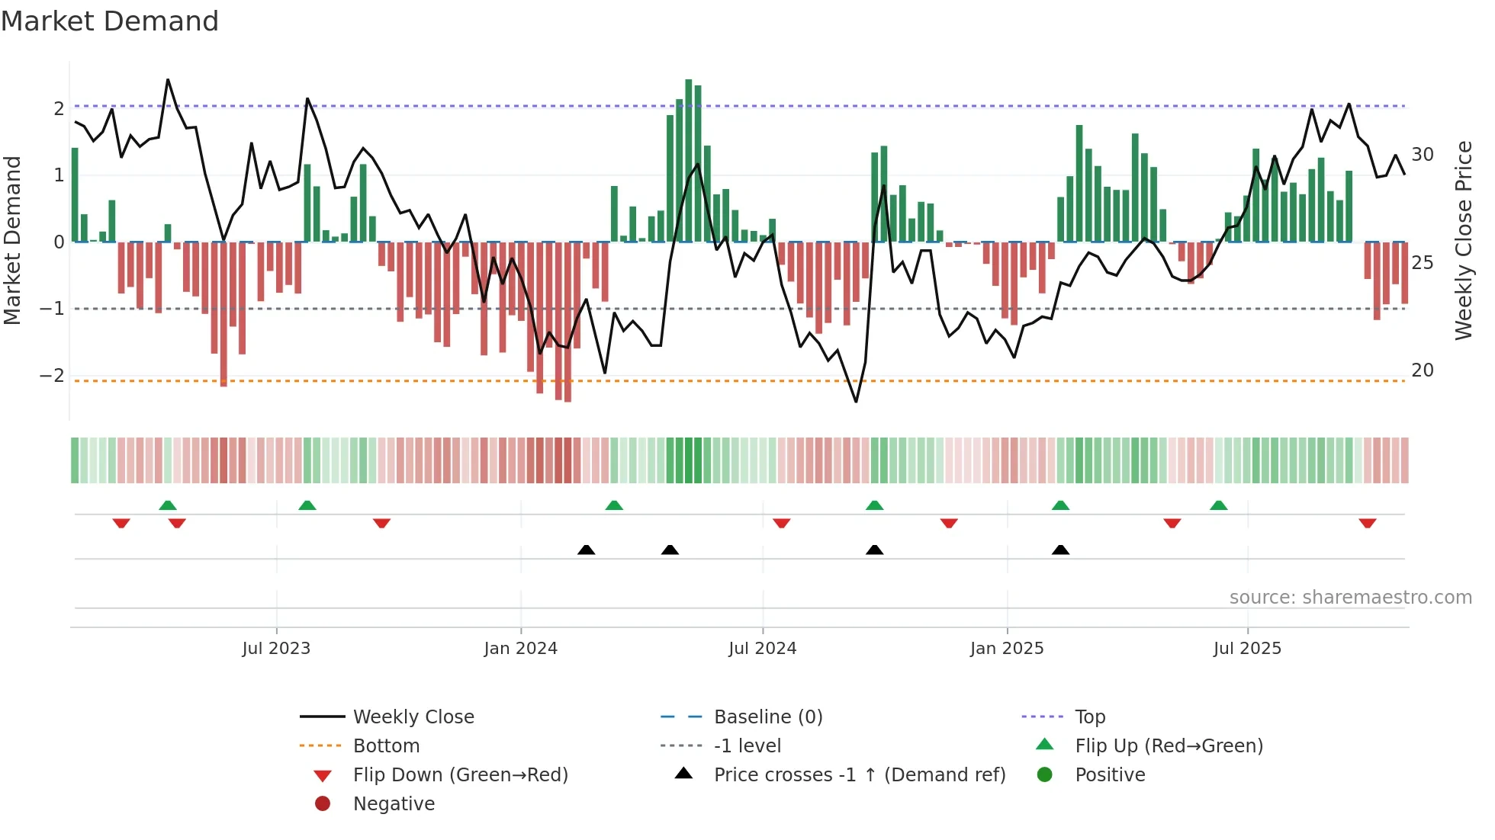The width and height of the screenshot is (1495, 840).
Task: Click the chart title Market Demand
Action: pyautogui.click(x=110, y=21)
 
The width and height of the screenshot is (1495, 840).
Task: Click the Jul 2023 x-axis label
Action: pyautogui.click(x=276, y=649)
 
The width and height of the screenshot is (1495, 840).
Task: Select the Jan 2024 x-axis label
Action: pyautogui.click(x=521, y=649)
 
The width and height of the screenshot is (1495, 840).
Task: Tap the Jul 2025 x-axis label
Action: pyautogui.click(x=1247, y=649)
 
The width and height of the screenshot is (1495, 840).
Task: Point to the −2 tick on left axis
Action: pyautogui.click(x=52, y=376)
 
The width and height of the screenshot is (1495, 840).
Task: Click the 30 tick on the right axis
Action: pyautogui.click(x=1422, y=155)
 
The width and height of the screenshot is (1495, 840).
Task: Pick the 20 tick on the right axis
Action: pyautogui.click(x=1422, y=370)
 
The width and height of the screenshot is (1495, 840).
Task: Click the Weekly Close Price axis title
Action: pyautogui.click(x=1463, y=240)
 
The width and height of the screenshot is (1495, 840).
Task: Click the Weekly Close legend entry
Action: pyautogui.click(x=413, y=717)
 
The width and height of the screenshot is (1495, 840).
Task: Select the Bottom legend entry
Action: pyautogui.click(x=386, y=746)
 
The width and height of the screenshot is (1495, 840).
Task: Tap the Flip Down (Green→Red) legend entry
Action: pyautogui.click(x=460, y=775)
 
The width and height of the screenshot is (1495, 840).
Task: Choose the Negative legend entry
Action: pyautogui.click(x=394, y=804)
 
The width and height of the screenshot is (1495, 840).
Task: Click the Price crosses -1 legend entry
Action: pyautogui.click(x=859, y=775)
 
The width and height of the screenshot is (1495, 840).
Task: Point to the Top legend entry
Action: pyautogui.click(x=1089, y=717)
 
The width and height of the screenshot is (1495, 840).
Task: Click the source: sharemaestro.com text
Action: pyautogui.click(x=1350, y=598)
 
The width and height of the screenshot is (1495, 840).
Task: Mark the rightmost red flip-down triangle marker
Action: pyautogui.click(x=1367, y=524)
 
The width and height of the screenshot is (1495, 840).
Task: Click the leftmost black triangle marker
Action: pyautogui.click(x=586, y=550)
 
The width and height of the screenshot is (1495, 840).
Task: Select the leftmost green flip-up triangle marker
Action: pyautogui.click(x=168, y=505)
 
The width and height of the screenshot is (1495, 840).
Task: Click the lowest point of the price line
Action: pyautogui.click(x=856, y=401)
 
